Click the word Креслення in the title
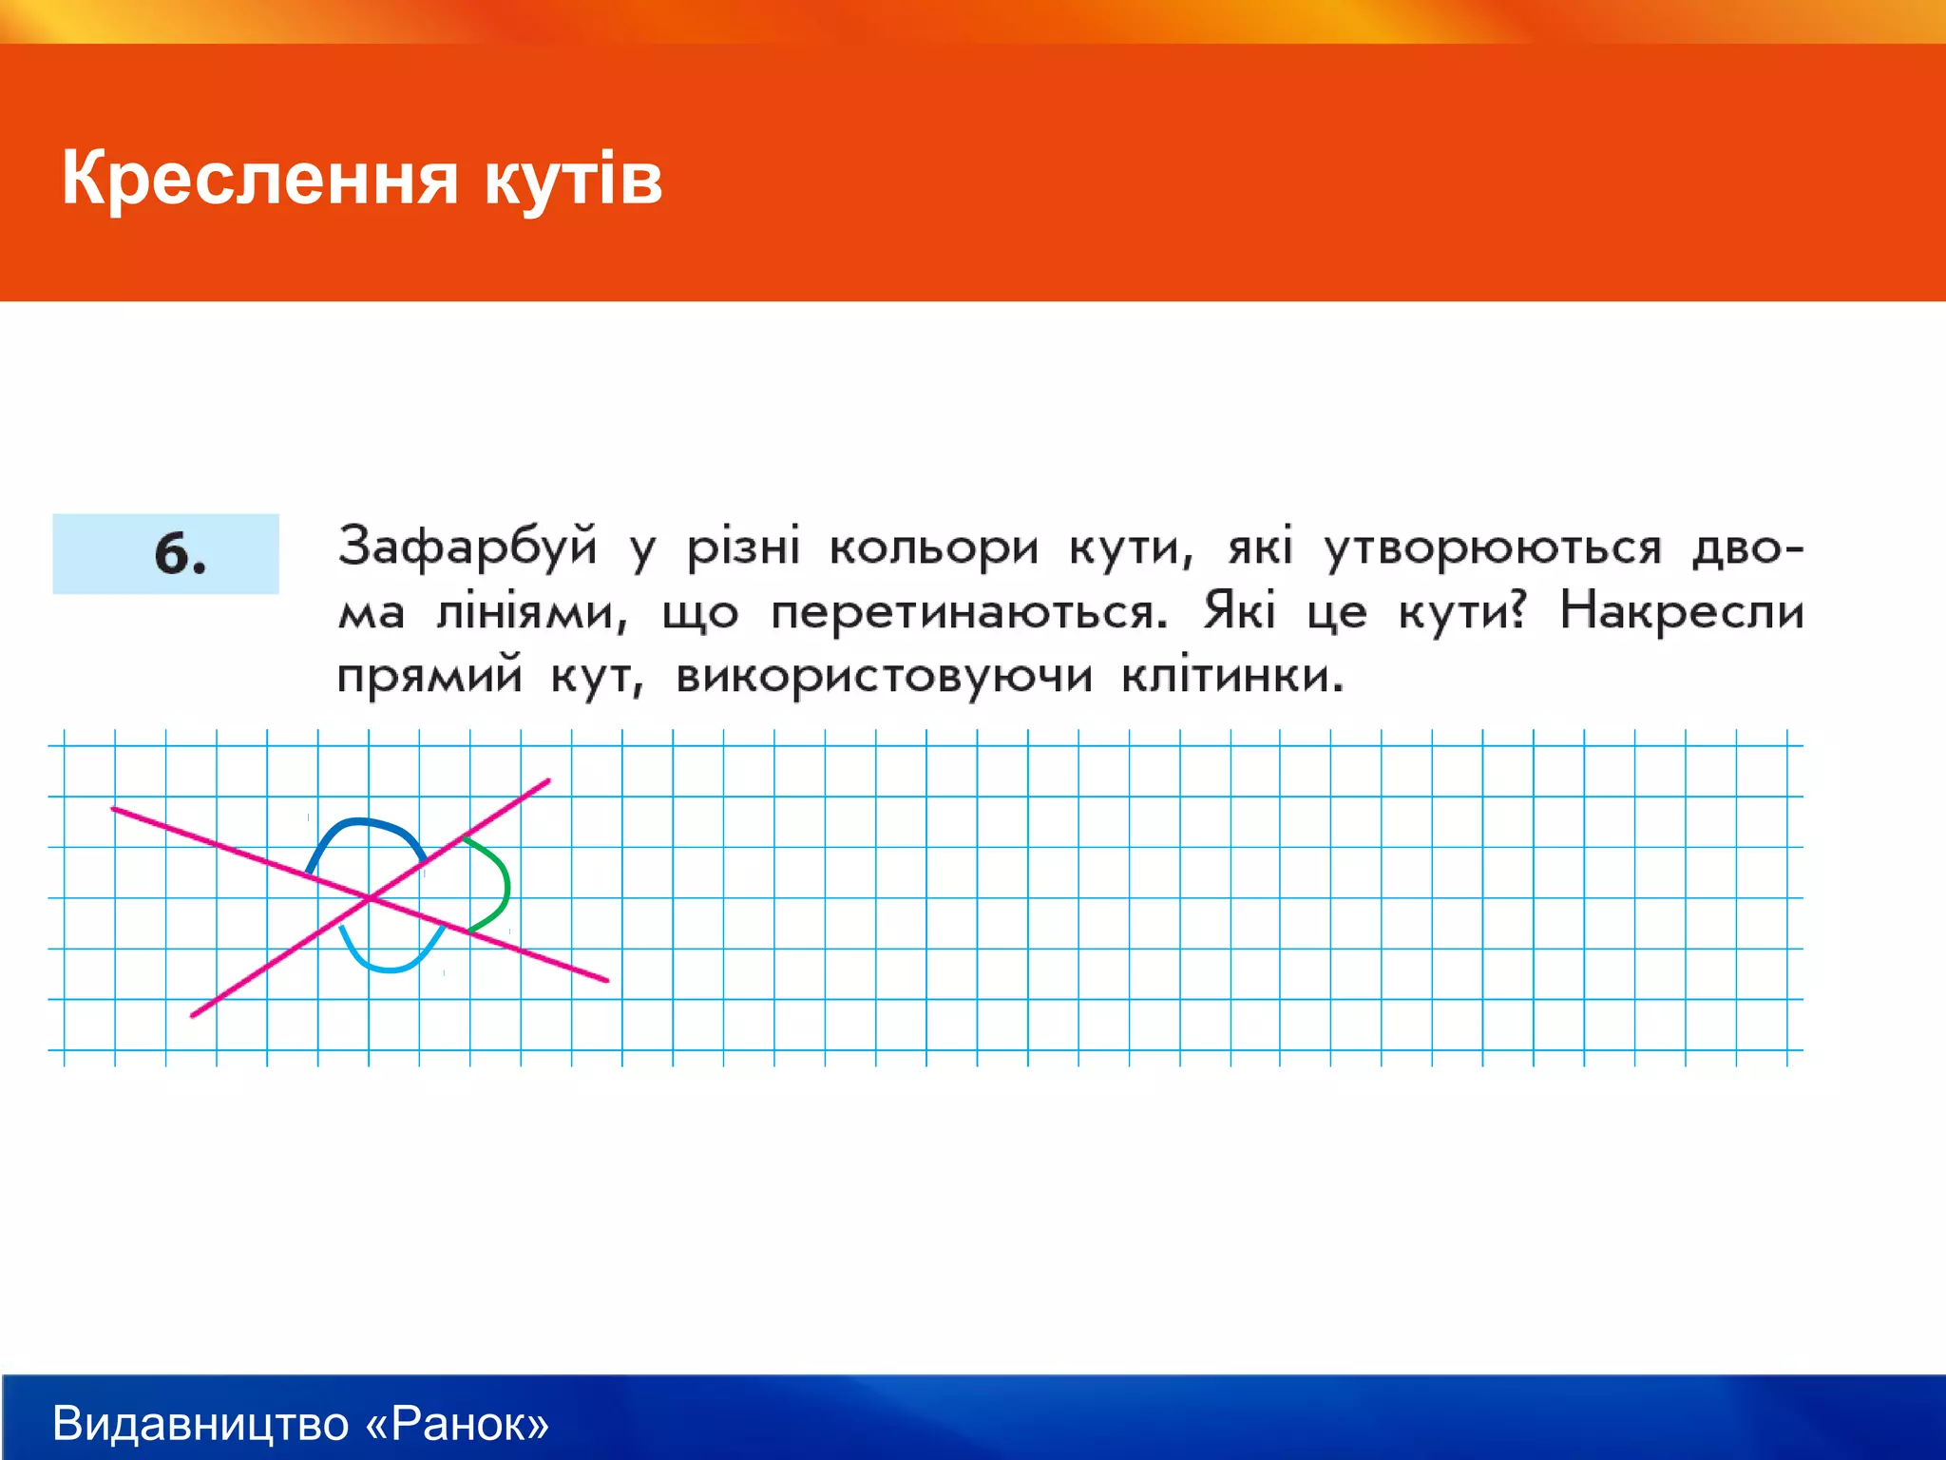pyautogui.click(x=259, y=179)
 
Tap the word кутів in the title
pyautogui.click(x=573, y=179)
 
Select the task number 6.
pyautogui.click(x=180, y=554)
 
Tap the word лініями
pyautogui.click(x=531, y=613)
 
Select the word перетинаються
pyautogui.click(x=968, y=613)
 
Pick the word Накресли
pyautogui.click(x=1681, y=611)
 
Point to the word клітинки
pyautogui.click(x=1232, y=676)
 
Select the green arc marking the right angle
pyautogui.click(x=505, y=884)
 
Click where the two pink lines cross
pyautogui.click(x=369, y=897)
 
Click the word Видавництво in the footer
pyautogui.click(x=200, y=1424)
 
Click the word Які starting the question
pyautogui.click(x=1239, y=611)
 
